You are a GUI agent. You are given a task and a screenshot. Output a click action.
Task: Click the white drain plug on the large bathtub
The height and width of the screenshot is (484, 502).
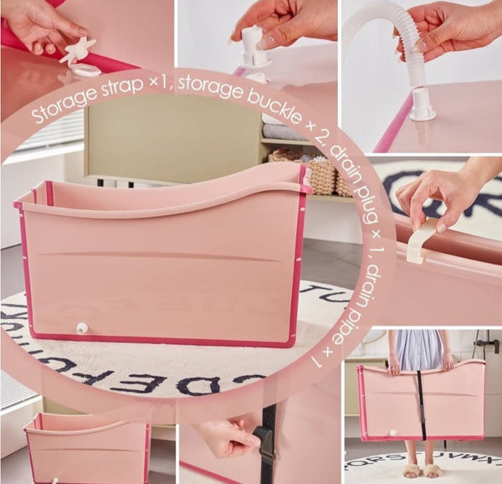(x=81, y=328)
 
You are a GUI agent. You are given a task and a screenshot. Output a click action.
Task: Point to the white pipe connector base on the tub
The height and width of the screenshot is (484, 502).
(x=422, y=108)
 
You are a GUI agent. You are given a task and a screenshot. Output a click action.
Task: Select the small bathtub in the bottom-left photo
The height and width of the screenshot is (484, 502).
(x=87, y=447)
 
